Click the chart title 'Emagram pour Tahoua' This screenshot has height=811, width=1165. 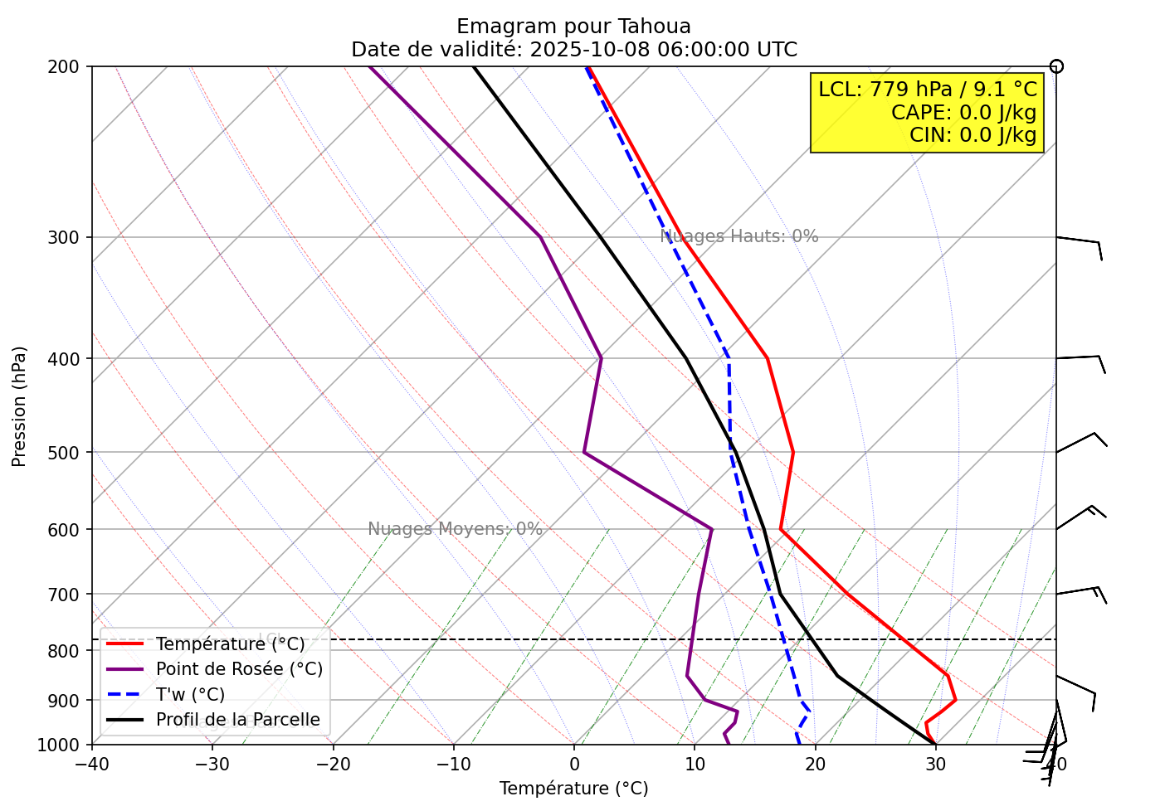coord(573,27)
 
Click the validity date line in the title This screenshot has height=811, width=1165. coord(573,50)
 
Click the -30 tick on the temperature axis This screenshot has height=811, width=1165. coord(212,764)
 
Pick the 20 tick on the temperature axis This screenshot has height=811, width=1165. coord(815,764)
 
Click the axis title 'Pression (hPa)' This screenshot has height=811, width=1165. coord(19,406)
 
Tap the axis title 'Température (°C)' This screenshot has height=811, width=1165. coord(573,789)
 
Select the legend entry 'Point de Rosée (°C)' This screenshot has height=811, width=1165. coord(239,669)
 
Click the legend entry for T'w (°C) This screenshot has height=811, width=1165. coord(190,694)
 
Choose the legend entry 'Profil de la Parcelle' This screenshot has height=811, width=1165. coord(237,720)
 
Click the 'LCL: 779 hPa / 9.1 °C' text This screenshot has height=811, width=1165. coord(928,90)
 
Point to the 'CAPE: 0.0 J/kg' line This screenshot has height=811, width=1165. coord(963,112)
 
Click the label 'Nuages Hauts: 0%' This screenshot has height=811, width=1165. coord(738,236)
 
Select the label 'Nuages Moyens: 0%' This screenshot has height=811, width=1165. coord(455,529)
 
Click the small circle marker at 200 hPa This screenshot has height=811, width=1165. coord(1056,66)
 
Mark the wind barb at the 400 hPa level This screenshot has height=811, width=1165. coord(1080,361)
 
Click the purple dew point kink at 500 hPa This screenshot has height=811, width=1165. coord(584,453)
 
